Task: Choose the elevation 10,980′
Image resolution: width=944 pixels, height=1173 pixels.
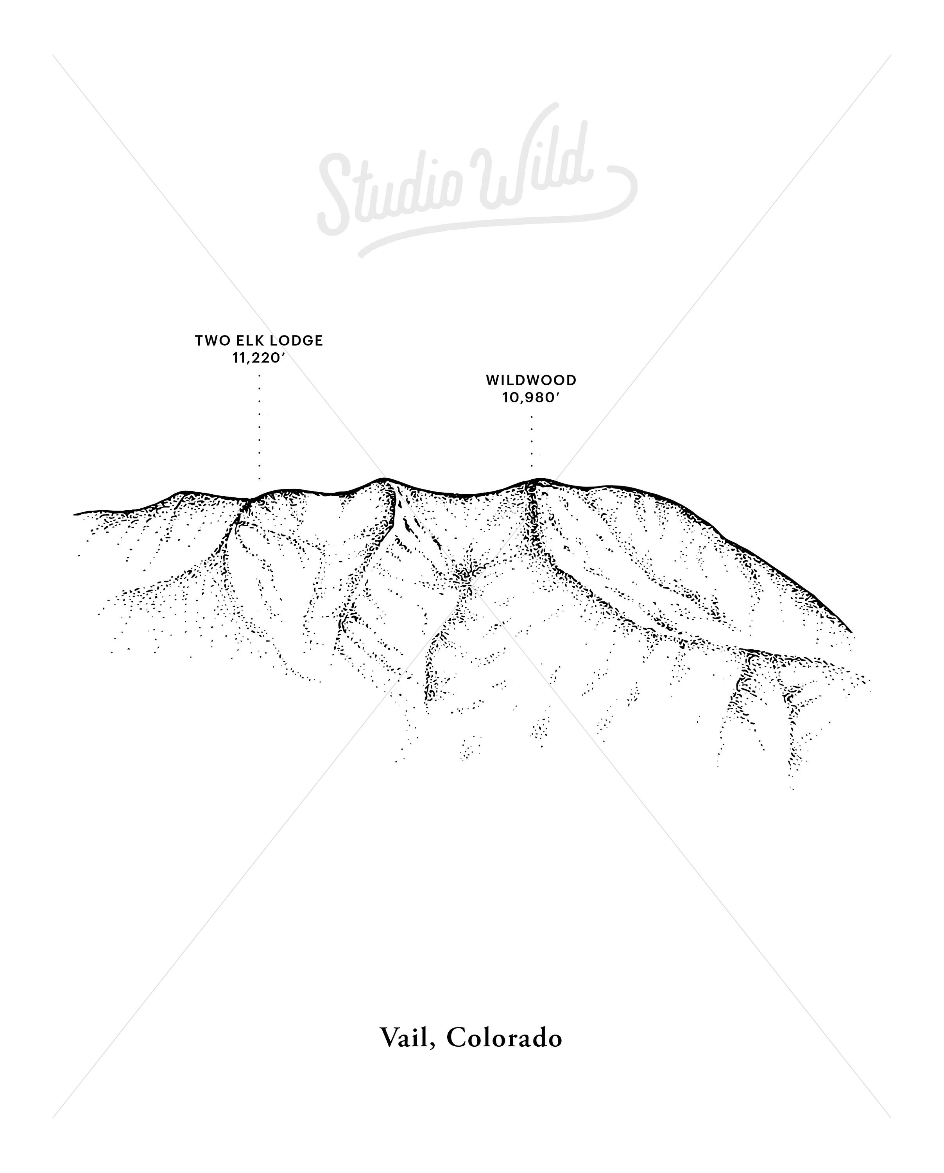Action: coord(531,398)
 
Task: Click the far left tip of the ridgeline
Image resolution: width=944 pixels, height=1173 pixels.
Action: coord(75,513)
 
